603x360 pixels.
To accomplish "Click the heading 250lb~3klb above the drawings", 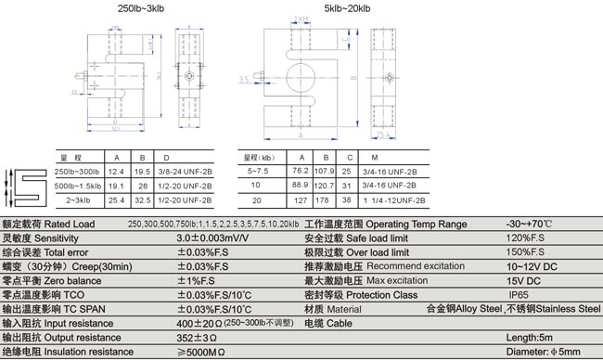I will [x=138, y=7].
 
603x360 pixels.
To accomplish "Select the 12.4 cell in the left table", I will [x=116, y=174].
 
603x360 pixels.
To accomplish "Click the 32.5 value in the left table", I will [x=142, y=200].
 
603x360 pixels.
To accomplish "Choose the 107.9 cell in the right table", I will [x=325, y=172].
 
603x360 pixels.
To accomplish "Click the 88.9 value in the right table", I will [x=300, y=186].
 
